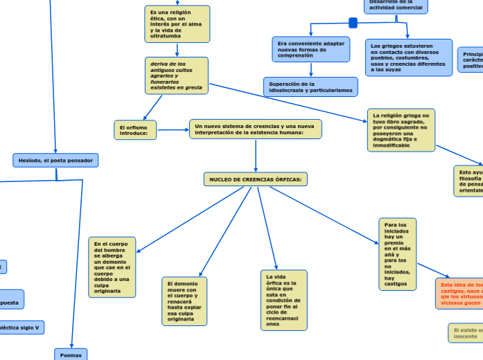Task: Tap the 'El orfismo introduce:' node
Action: pyautogui.click(x=135, y=130)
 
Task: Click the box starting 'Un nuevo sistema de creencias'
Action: pyautogui.click(x=255, y=129)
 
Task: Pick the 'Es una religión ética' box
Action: pyautogui.click(x=177, y=24)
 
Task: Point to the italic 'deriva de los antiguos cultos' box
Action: pyautogui.click(x=177, y=75)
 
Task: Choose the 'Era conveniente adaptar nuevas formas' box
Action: pyautogui.click(x=310, y=49)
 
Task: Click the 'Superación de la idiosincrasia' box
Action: pyautogui.click(x=310, y=87)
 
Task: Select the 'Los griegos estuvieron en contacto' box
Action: pyautogui.click(x=408, y=57)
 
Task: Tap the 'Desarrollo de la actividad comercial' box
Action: pyautogui.click(x=396, y=6)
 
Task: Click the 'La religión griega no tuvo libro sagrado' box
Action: pyautogui.click(x=401, y=129)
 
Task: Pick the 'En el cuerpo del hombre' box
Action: pyautogui.click(x=112, y=267)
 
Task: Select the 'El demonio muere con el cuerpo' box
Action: pyautogui.click(x=184, y=301)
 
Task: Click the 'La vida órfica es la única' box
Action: pyautogui.click(x=284, y=300)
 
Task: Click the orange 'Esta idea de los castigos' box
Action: pyautogui.click(x=460, y=294)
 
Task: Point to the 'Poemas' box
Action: pyautogui.click(x=71, y=354)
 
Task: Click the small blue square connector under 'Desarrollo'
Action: pyautogui.click(x=353, y=24)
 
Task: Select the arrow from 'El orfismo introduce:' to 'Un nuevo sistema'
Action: pyautogui.click(x=173, y=129)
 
